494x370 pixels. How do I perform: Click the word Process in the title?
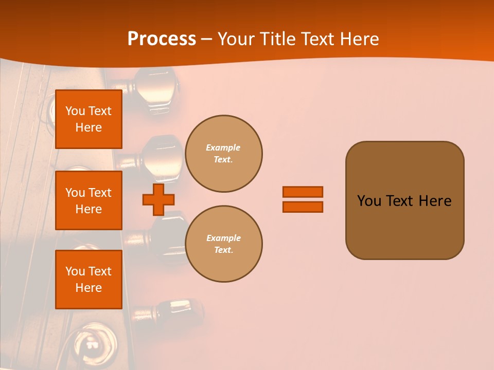tap(162, 39)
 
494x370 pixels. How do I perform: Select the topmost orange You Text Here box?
tap(89, 119)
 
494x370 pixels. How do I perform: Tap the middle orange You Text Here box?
tap(89, 200)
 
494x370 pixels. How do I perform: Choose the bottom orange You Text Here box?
tap(89, 279)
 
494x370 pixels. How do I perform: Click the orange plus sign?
tap(158, 199)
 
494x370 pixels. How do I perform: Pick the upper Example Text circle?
tap(223, 154)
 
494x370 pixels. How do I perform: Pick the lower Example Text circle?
tap(223, 244)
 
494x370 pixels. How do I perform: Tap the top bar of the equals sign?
tap(303, 192)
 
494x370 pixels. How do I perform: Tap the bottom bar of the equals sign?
tap(303, 207)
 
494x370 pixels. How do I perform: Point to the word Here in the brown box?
tap(435, 201)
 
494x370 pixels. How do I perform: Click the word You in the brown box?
tap(369, 201)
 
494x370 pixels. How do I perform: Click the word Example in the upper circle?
tap(223, 147)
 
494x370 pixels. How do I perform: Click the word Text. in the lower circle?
tap(223, 250)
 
